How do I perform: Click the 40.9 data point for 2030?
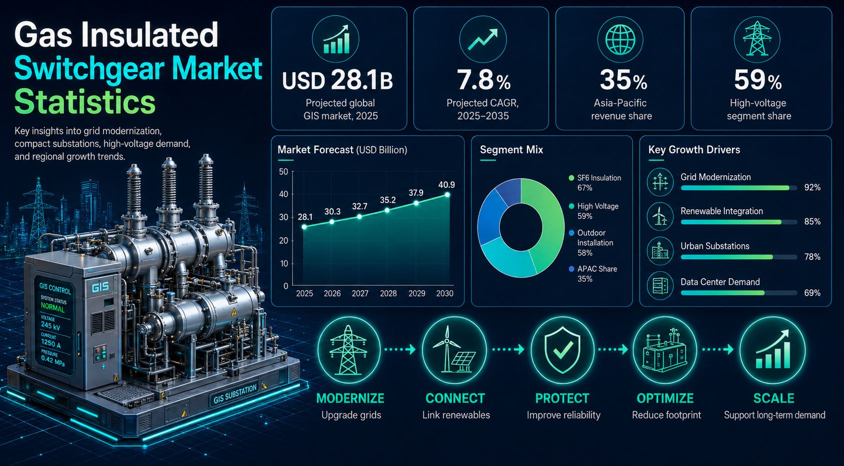[x=447, y=195]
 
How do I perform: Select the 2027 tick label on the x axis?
[x=360, y=293]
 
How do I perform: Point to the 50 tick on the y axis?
[x=283, y=172]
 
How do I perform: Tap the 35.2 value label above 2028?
[x=387, y=200]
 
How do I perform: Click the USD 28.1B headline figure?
[x=337, y=81]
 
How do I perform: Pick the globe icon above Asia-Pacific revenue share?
[x=620, y=40]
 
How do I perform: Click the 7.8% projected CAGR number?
[x=483, y=81]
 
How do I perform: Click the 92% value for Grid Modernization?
[x=812, y=188]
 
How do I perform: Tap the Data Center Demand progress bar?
[x=739, y=293]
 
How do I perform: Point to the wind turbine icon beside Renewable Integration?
[x=660, y=216]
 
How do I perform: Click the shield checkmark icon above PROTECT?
[x=562, y=350]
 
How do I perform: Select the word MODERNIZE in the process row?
[x=350, y=398]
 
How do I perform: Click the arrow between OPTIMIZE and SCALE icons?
[x=718, y=349]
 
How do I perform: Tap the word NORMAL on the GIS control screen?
[x=53, y=307]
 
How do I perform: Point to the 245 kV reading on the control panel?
[x=50, y=325]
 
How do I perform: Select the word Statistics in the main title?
[x=85, y=102]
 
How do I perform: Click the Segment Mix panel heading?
[x=511, y=150]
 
